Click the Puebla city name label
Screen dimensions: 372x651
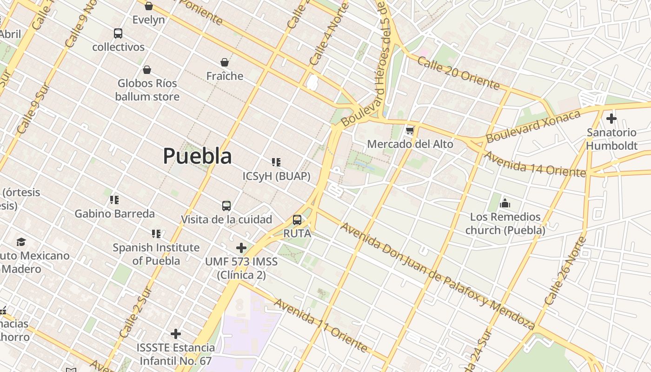coord(197,156)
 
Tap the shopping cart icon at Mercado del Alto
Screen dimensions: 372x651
coord(410,131)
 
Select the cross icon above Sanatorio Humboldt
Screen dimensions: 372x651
coord(611,119)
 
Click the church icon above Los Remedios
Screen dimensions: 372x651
coord(505,203)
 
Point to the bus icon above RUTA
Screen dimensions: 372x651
coord(297,220)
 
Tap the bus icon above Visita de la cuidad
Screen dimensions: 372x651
coord(226,206)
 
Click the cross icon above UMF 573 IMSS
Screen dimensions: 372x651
coord(241,248)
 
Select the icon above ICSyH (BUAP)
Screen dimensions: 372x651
coord(276,162)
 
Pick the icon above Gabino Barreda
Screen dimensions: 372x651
coord(114,200)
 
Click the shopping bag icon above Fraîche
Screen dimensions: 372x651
coord(225,62)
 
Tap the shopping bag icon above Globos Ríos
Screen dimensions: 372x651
coord(147,70)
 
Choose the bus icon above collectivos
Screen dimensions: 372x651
coord(118,33)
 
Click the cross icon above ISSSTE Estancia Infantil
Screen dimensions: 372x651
coord(175,333)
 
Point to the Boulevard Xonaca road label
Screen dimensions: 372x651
coord(533,126)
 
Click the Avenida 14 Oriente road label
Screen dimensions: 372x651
coord(535,165)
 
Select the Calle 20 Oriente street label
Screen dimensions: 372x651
coord(458,73)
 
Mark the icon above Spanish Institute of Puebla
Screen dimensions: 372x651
coord(156,233)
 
